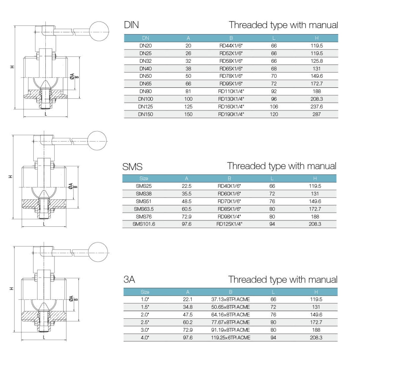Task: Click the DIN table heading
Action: pos(131,25)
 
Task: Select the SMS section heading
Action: pos(132,167)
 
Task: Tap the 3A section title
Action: pos(129,280)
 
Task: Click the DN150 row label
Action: pos(145,114)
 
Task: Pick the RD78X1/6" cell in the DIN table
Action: pos(231,76)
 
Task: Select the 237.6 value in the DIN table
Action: pos(317,107)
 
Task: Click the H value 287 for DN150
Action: pos(317,114)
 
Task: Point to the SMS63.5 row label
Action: pos(144,209)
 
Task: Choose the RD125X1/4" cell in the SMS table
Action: pos(229,224)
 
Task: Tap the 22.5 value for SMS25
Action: pos(187,186)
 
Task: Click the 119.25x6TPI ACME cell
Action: pos(230,338)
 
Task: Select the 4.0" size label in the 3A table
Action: pos(145,338)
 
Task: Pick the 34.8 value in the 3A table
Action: pos(188,307)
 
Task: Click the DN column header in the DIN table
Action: pos(145,38)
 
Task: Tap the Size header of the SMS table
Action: pos(144,178)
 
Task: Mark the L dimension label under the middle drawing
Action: pos(44,224)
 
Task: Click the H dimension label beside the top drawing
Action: pos(12,67)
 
